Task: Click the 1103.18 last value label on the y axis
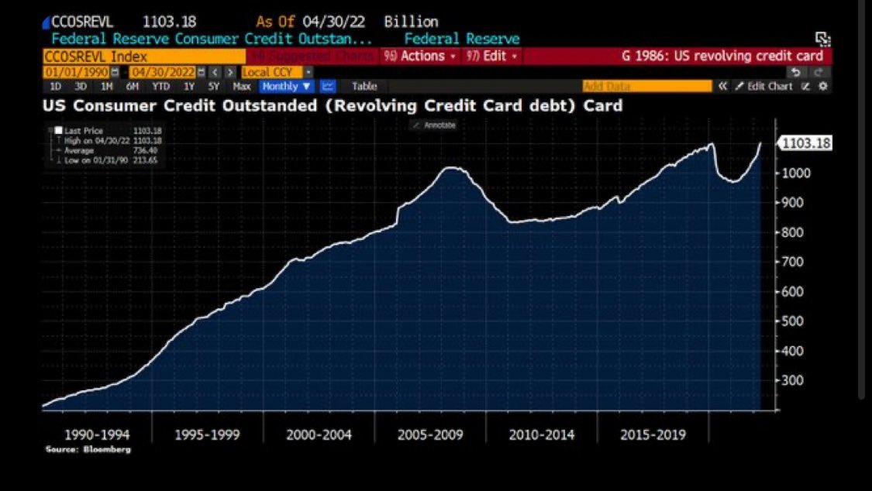[806, 143]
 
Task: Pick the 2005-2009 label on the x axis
[430, 434]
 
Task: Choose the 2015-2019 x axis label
[653, 434]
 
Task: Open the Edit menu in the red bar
[492, 56]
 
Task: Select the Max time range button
[241, 87]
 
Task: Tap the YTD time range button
[160, 87]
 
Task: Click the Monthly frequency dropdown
[286, 87]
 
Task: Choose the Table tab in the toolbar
[364, 87]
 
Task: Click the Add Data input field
[646, 87]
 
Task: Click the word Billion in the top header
[411, 22]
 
